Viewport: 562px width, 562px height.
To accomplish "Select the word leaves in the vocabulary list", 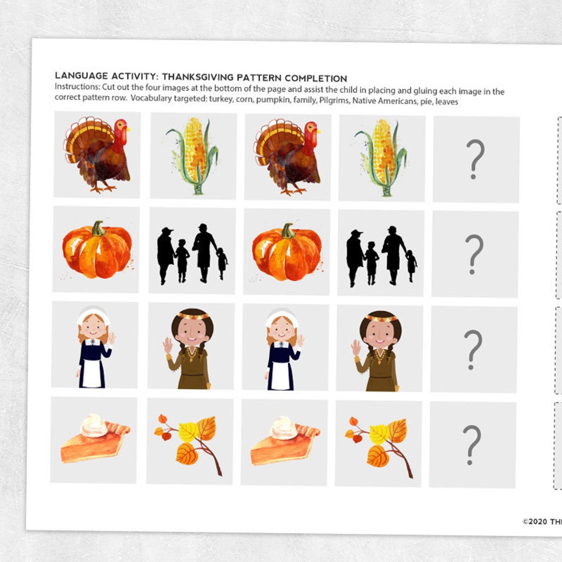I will point(446,102).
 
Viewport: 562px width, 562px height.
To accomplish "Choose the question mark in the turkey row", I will point(475,159).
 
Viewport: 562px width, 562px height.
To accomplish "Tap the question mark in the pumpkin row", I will point(474,254).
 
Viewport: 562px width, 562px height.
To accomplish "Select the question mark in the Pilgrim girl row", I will point(473,349).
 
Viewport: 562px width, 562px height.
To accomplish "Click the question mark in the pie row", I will point(471,444).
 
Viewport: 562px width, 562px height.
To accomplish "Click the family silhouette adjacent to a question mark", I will point(381,256).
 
